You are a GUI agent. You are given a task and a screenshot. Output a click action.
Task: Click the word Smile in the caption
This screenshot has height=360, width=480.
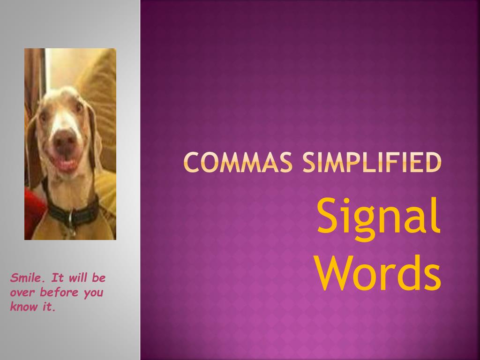(x=26, y=278)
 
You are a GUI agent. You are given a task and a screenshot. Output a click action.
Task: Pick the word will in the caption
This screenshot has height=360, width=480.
(x=78, y=278)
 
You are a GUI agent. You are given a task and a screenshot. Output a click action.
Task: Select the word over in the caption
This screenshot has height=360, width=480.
(x=22, y=293)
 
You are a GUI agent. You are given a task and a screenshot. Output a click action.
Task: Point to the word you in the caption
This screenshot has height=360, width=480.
(x=93, y=294)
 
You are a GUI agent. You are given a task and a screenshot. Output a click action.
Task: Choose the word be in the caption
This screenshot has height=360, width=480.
(x=99, y=278)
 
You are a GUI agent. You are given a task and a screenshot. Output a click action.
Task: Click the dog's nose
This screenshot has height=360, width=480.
(x=65, y=139)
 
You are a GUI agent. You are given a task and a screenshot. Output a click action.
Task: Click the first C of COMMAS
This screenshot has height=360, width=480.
(x=190, y=162)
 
